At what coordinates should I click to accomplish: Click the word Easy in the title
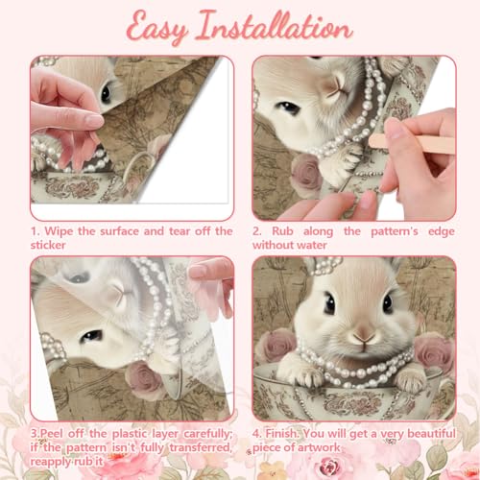(x=156, y=28)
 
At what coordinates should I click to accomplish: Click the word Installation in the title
(x=275, y=26)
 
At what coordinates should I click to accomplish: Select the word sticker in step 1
(x=48, y=245)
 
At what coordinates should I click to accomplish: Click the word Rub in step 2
(x=282, y=231)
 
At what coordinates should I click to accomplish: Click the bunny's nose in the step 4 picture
(x=364, y=335)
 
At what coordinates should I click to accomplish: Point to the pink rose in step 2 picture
(x=307, y=174)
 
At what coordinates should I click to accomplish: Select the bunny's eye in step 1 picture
(x=106, y=93)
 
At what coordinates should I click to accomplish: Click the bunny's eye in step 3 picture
(x=91, y=336)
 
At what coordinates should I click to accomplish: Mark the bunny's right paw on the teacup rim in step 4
(x=410, y=381)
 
